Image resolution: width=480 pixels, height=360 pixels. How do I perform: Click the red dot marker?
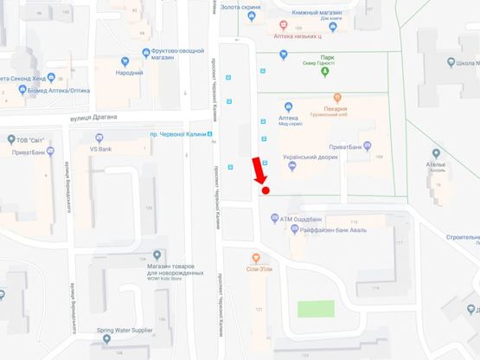point(266,190)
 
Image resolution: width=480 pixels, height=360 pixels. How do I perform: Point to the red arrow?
point(258,170)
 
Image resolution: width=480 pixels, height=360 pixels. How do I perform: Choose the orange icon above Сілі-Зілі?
point(256,257)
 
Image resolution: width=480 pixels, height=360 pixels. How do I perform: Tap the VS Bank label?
point(102,148)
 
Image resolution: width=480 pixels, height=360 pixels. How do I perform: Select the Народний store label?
point(129,74)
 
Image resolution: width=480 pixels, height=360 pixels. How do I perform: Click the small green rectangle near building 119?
point(316,308)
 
